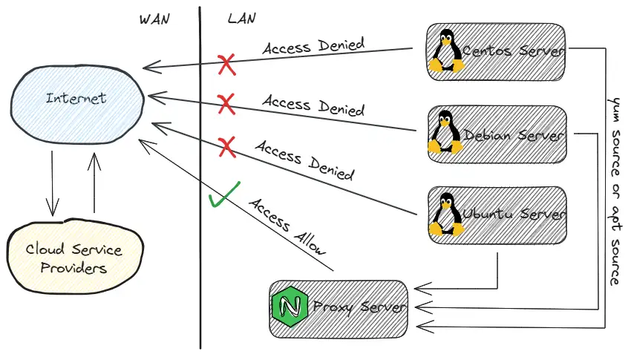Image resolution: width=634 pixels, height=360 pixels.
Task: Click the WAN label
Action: pyautogui.click(x=154, y=19)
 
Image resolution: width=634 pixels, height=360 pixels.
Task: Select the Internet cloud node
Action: pyautogui.click(x=76, y=98)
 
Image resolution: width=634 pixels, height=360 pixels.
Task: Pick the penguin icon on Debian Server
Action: pyautogui.click(x=445, y=134)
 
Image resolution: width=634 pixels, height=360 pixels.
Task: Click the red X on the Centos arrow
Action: pyautogui.click(x=227, y=65)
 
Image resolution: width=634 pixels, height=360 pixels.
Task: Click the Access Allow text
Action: pyautogui.click(x=288, y=226)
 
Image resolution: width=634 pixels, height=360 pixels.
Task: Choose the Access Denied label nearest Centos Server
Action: pyautogui.click(x=313, y=45)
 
